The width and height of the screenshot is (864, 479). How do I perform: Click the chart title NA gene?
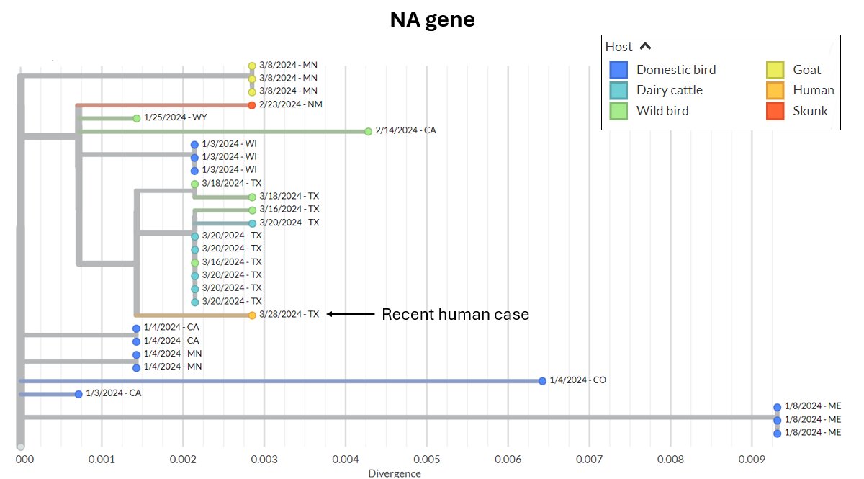(x=432, y=19)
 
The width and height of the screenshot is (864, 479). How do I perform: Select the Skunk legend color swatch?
(x=775, y=110)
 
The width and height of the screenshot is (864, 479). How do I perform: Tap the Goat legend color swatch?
(x=775, y=70)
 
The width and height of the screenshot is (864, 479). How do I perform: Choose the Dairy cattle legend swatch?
(x=618, y=90)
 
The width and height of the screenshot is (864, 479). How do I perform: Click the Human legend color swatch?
(x=775, y=90)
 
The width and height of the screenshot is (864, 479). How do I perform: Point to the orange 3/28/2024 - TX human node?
(x=252, y=315)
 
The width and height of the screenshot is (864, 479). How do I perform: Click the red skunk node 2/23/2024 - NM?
(x=252, y=105)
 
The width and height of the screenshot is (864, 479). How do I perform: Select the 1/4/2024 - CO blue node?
(x=542, y=380)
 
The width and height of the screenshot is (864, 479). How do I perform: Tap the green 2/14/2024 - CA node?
(x=368, y=131)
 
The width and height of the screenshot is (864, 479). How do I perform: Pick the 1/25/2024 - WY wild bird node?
(x=136, y=118)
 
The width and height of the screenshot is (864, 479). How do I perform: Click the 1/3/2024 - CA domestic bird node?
(x=78, y=394)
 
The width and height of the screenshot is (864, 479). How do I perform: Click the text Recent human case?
(x=455, y=314)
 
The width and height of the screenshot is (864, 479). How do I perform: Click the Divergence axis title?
(x=395, y=473)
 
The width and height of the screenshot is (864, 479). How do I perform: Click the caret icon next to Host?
(x=646, y=46)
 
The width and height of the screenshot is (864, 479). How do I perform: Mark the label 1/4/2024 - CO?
(x=577, y=380)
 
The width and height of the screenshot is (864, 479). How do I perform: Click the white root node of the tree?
(x=21, y=447)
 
